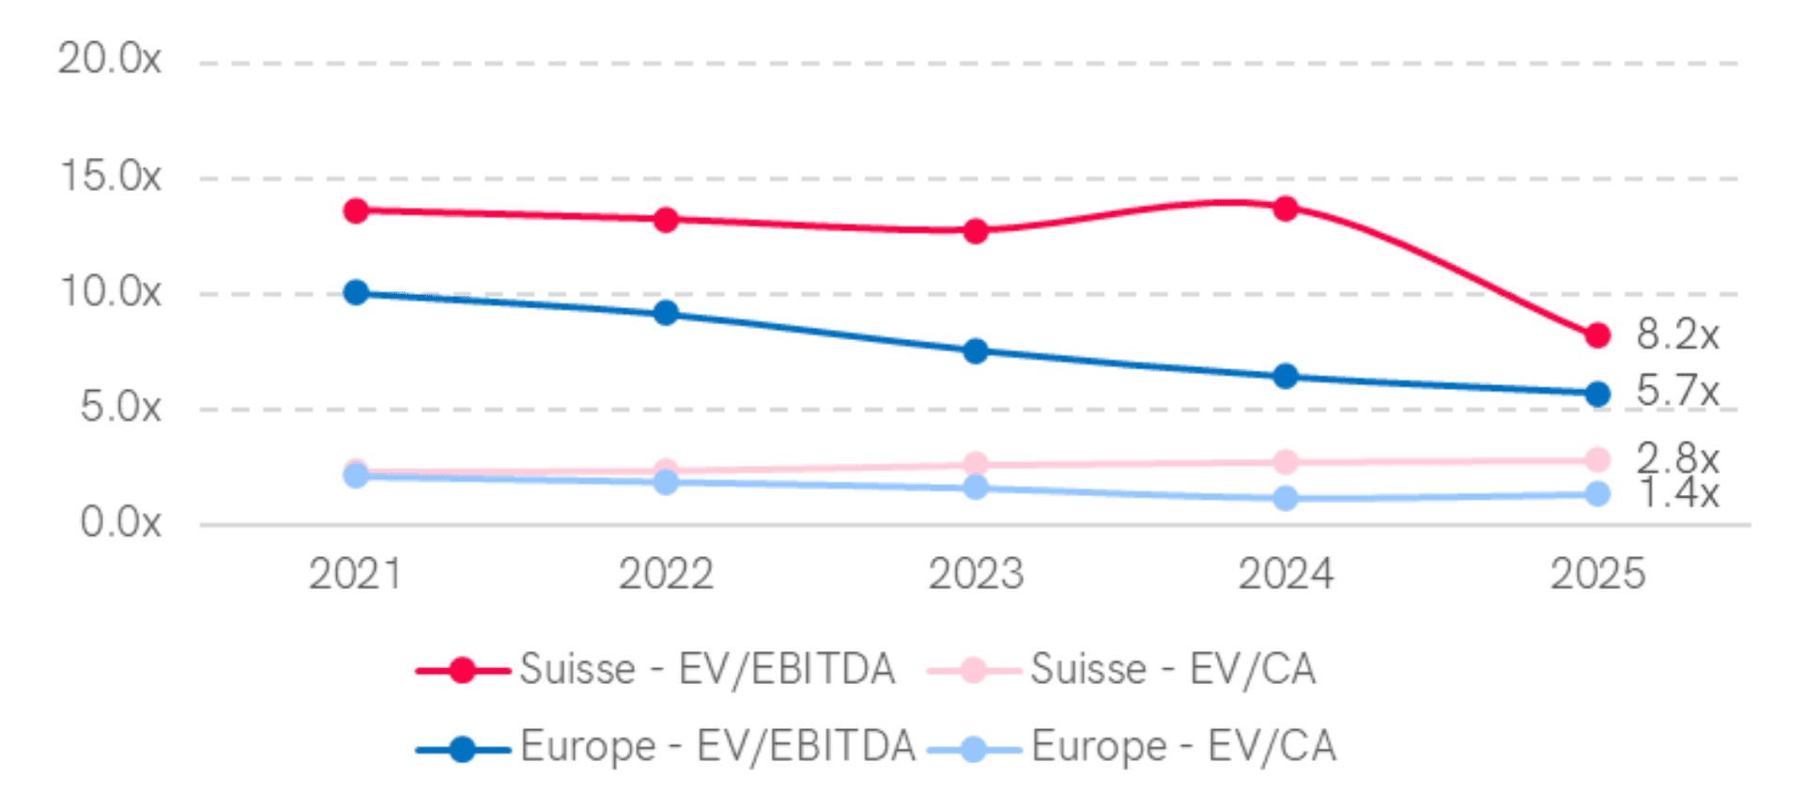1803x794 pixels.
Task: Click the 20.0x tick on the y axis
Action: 109,60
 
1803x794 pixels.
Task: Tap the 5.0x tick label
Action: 120,407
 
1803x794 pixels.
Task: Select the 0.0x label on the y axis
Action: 120,522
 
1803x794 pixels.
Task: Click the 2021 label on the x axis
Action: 355,573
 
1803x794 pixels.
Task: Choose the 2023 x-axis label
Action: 976,573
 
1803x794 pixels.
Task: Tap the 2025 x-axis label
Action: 1597,573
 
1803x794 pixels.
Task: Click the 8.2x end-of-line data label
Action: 1677,335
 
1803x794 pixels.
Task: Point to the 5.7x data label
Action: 1677,390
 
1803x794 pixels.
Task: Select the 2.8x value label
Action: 1677,459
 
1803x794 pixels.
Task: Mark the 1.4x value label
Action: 1677,493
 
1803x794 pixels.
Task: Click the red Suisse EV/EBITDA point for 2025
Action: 1597,335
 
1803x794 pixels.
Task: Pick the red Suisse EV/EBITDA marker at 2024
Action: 1286,208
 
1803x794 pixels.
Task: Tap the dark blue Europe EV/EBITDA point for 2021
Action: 356,292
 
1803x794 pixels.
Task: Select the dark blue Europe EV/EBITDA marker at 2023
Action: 976,351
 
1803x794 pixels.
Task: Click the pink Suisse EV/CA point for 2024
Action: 1286,461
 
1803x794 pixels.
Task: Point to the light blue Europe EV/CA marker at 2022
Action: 666,483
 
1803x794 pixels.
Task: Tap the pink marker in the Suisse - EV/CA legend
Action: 974,670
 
